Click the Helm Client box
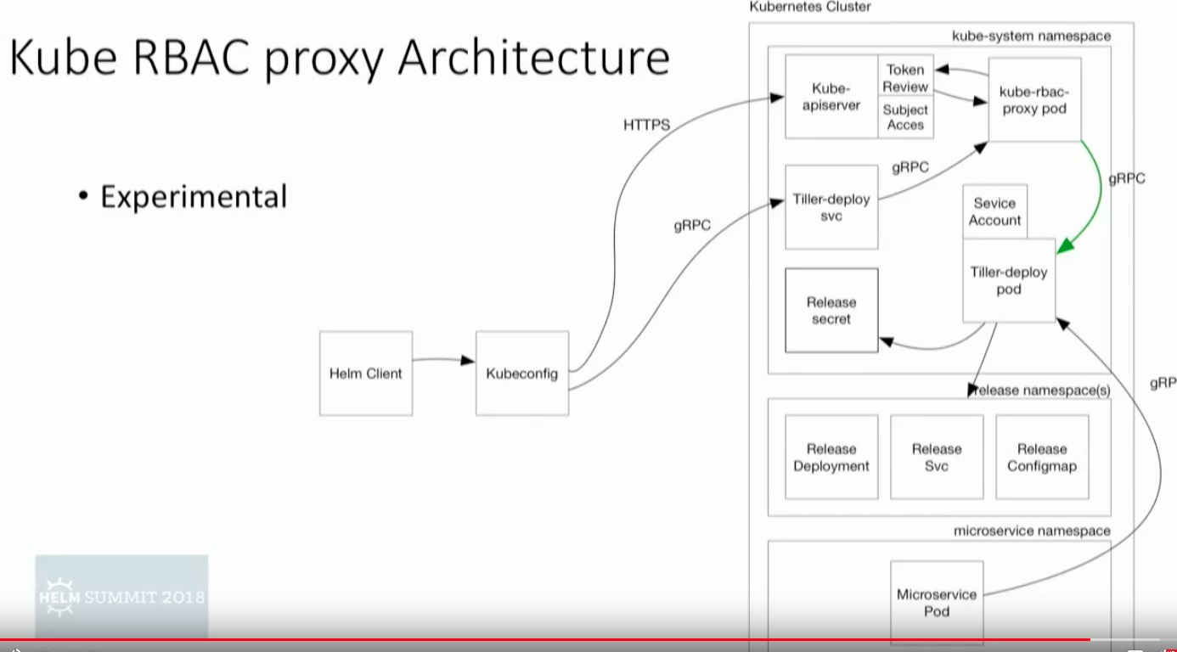366,374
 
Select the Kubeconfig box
521,374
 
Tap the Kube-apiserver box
831,97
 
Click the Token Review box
905,78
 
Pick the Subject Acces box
905,118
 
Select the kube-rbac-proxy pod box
1034,99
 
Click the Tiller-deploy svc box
831,208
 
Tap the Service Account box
994,211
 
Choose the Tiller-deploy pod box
1009,281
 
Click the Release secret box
831,311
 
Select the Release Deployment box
831,458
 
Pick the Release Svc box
937,458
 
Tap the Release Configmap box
1042,458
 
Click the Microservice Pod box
937,603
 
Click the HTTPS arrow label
646,126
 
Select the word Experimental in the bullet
194,197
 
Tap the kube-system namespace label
1031,37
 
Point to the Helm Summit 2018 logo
121,596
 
